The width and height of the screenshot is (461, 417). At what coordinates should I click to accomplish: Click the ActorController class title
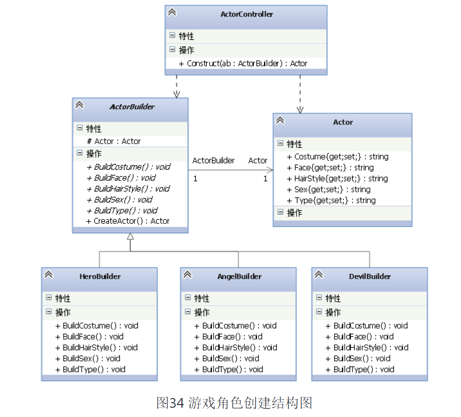click(x=246, y=14)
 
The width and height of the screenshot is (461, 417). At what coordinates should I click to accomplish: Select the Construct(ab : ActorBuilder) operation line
click(x=243, y=64)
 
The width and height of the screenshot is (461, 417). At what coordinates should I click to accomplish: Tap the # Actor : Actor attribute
click(x=114, y=141)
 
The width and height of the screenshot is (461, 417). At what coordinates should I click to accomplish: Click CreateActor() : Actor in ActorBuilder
click(x=128, y=221)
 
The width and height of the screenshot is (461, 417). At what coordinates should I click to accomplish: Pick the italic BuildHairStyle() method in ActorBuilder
click(x=128, y=189)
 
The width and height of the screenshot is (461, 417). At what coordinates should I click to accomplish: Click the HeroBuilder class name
click(x=100, y=276)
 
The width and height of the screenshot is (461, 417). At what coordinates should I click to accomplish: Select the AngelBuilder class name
click(x=239, y=276)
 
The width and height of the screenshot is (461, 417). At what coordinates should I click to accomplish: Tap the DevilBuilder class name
click(x=370, y=276)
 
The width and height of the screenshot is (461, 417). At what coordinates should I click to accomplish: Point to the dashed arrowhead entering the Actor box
click(x=300, y=110)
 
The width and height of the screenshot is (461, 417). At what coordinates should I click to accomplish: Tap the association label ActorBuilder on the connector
click(x=213, y=160)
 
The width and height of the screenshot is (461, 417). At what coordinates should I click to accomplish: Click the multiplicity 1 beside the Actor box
click(x=265, y=178)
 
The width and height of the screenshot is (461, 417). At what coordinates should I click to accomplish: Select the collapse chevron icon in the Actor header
click(x=280, y=120)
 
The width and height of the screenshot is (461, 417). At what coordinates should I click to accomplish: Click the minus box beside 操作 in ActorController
click(x=172, y=49)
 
